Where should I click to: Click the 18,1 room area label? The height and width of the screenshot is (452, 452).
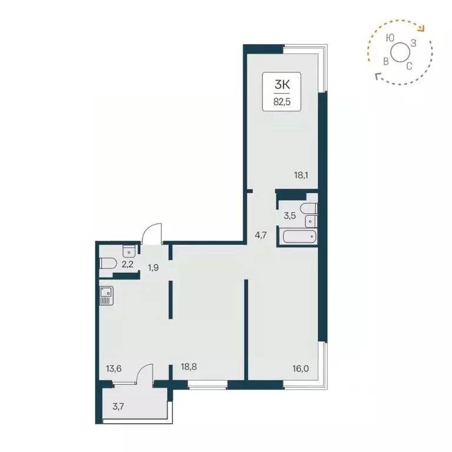pos(303,174)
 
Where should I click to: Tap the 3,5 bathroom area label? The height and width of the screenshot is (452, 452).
pos(289,216)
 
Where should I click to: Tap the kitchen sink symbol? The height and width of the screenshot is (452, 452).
pos(106,295)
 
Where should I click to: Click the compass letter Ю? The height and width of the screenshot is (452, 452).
pos(390,37)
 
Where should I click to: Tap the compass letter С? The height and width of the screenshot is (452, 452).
pos(408,65)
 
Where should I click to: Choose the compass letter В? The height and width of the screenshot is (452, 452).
pos(385,61)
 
